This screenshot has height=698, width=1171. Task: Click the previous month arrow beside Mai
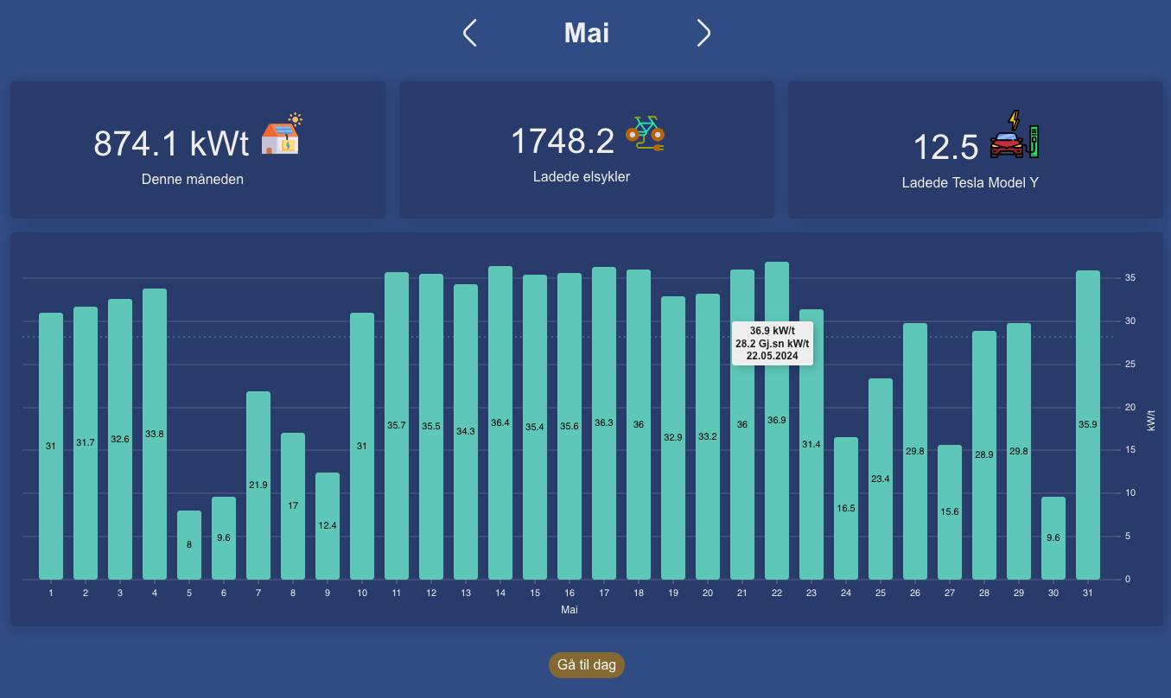(470, 33)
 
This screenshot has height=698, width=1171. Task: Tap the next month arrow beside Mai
(703, 33)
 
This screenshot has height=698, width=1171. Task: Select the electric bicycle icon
(645, 134)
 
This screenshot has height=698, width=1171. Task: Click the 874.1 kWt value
(171, 143)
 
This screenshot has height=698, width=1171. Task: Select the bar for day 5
(189, 544)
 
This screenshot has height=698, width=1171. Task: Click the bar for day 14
(500, 422)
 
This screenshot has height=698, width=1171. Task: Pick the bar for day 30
(1053, 537)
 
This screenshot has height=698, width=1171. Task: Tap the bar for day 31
(1088, 424)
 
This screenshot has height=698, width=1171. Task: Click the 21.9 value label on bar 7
(258, 485)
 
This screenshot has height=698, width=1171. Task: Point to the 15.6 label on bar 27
(950, 512)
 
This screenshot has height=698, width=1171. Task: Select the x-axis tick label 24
(846, 593)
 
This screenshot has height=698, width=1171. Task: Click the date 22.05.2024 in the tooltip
(773, 356)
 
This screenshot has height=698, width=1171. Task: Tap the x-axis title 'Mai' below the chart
(570, 610)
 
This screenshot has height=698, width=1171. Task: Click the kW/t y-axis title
(1151, 421)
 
